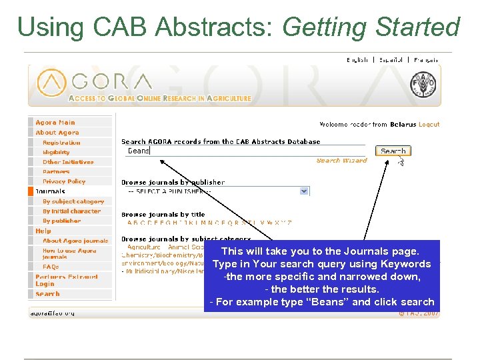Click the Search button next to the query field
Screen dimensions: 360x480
[x=392, y=151]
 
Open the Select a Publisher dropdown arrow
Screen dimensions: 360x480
[x=305, y=191]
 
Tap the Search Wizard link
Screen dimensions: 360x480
[x=341, y=161]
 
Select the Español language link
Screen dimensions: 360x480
[x=391, y=60]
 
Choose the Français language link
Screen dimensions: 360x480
[x=425, y=60]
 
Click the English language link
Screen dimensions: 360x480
[x=357, y=60]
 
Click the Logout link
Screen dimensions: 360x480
[x=429, y=124]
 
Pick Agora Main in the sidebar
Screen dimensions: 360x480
[x=55, y=123]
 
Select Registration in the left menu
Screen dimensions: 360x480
[x=61, y=143]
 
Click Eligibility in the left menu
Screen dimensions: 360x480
[x=56, y=152]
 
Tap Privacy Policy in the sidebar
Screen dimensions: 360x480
[x=64, y=181]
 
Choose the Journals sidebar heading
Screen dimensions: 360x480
[x=50, y=191]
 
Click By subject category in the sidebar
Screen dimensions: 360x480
[x=73, y=201]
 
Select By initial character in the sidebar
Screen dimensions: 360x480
[x=71, y=211]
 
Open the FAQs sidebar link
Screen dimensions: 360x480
[x=51, y=267]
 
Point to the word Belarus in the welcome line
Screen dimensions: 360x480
[x=403, y=124]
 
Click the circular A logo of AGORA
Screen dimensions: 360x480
[x=51, y=83]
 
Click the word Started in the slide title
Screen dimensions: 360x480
[x=417, y=27]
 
